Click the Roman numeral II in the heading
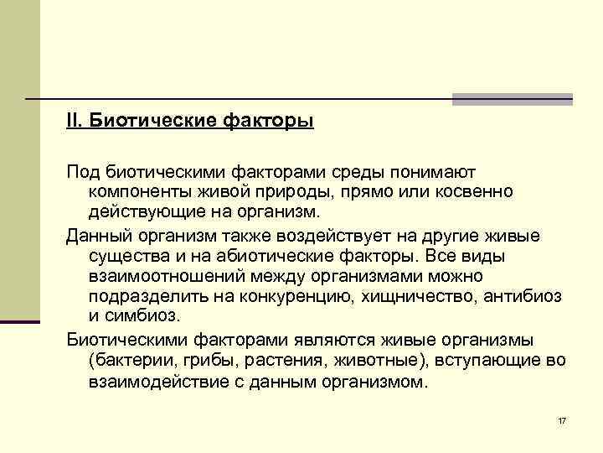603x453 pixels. (x=74, y=122)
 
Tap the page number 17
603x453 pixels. (x=561, y=419)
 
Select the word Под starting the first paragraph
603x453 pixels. (x=83, y=172)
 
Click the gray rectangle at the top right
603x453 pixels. (x=513, y=99)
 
